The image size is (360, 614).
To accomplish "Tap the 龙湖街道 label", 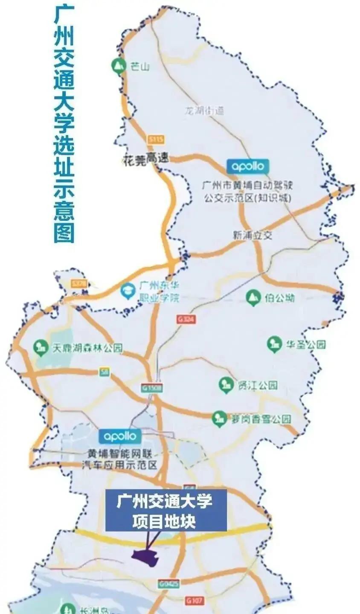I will (204, 111).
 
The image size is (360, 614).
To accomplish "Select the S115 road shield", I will (157, 139).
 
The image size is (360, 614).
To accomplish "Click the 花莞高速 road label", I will (145, 159).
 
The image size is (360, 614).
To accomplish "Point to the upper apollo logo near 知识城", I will (248, 166).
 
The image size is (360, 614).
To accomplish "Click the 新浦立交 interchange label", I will (252, 235).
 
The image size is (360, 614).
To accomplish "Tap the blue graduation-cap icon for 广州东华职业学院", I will (127, 291).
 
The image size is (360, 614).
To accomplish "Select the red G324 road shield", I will (186, 319).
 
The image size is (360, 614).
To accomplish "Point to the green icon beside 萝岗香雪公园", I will (219, 419).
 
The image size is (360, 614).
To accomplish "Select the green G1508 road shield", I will (151, 388).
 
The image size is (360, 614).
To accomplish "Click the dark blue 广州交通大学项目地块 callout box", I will (166, 511).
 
